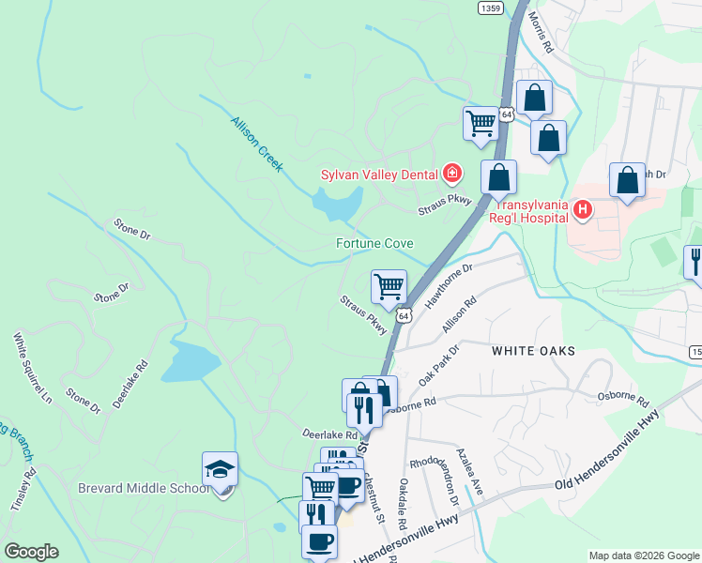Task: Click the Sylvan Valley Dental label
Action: point(380,174)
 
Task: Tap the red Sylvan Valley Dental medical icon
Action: point(452,173)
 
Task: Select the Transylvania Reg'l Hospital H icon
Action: point(582,209)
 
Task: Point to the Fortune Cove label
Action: point(374,244)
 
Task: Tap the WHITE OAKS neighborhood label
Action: point(531,349)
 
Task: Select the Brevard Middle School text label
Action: point(145,488)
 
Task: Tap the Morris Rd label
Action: point(542,32)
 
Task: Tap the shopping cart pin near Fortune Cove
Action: point(389,286)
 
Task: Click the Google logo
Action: point(31,552)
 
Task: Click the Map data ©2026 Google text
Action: point(643,555)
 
